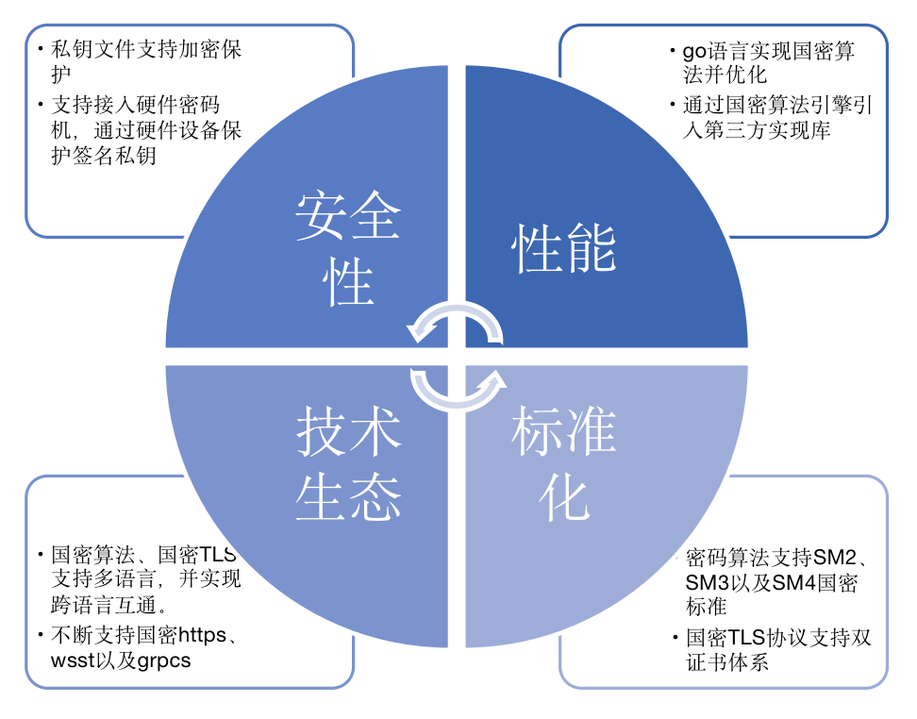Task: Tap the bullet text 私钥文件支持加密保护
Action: click(146, 60)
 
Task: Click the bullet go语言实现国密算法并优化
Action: click(768, 62)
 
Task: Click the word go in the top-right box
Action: click(693, 50)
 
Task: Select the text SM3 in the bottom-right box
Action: click(709, 582)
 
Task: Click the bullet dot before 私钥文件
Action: click(40, 49)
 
